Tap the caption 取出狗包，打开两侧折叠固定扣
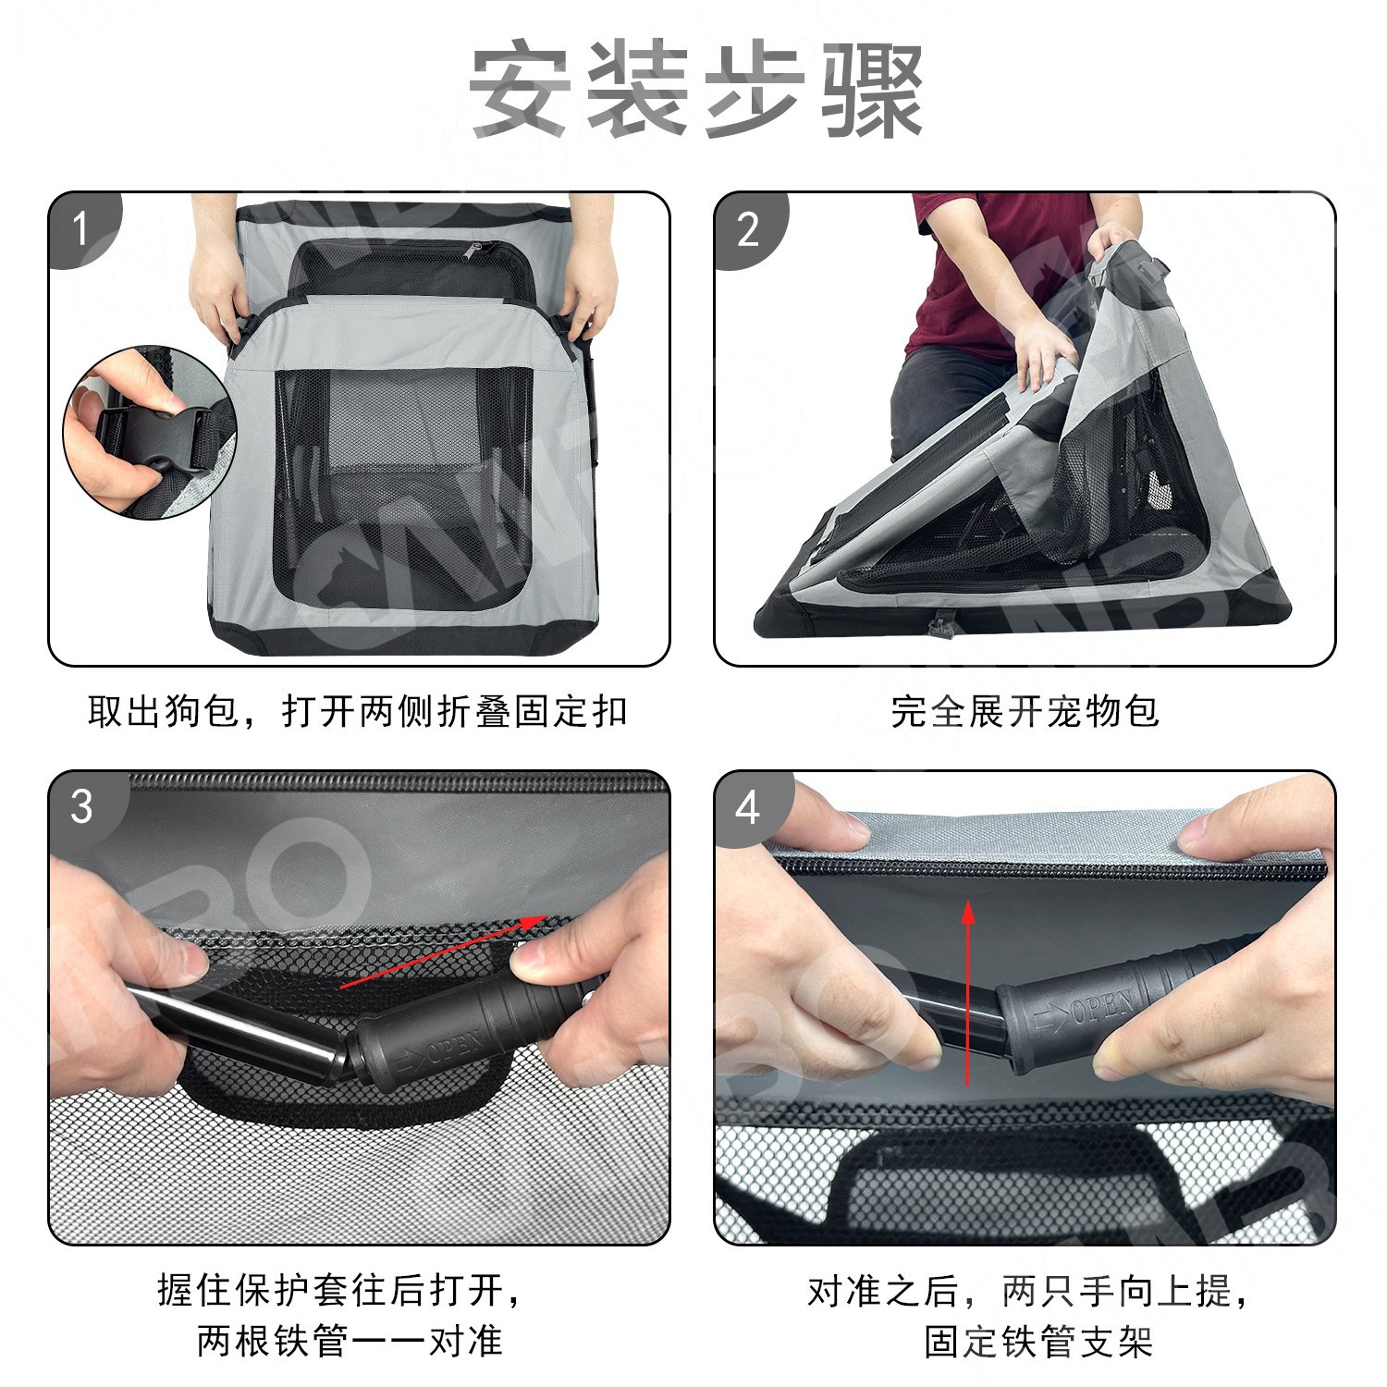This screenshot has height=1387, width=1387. [358, 711]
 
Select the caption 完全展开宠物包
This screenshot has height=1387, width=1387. [1025, 711]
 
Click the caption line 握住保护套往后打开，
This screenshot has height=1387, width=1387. [342, 1290]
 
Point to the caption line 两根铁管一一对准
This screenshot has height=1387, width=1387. [350, 1341]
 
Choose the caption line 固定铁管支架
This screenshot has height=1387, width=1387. [1038, 1341]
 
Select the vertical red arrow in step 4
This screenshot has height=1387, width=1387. [968, 992]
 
